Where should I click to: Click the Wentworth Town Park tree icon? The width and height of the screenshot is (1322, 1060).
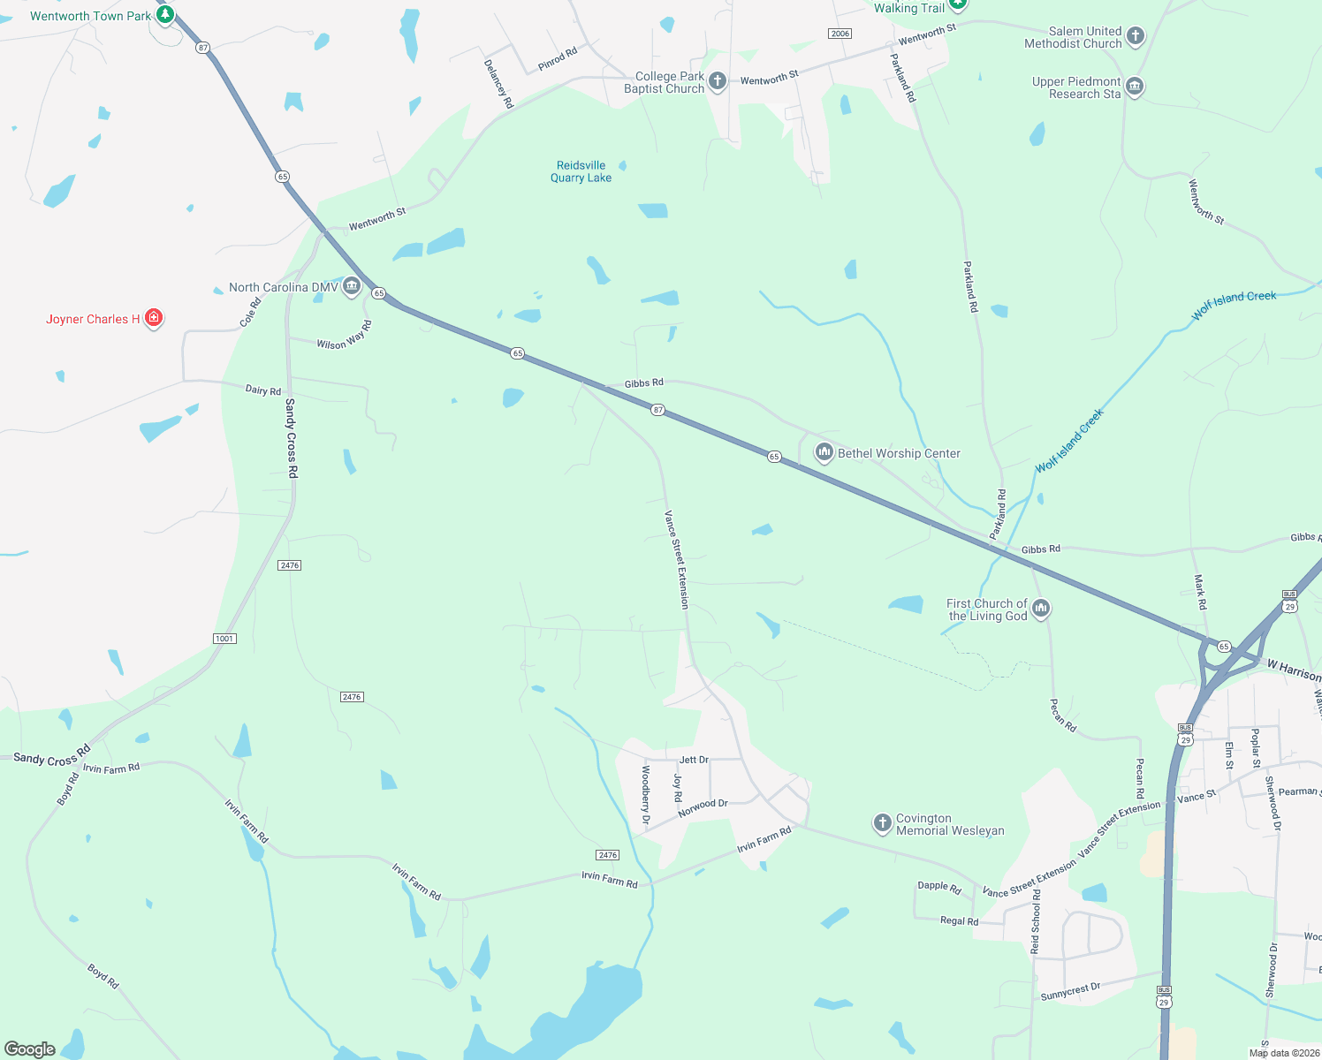click(x=164, y=15)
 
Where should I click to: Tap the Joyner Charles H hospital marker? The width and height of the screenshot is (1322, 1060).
click(x=154, y=318)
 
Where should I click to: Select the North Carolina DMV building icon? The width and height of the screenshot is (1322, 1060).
click(x=352, y=286)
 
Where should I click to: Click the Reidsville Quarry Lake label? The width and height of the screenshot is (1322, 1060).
click(x=581, y=171)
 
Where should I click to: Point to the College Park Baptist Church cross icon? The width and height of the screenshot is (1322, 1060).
click(x=718, y=81)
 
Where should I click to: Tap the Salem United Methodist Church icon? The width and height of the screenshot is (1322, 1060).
click(x=1136, y=36)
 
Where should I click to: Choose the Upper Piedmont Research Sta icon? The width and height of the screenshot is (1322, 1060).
click(x=1135, y=87)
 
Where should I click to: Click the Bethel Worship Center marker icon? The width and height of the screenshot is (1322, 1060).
click(x=824, y=453)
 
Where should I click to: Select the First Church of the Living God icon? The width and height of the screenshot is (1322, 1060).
click(x=1041, y=608)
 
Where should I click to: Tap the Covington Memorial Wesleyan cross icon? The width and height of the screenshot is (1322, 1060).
click(x=882, y=823)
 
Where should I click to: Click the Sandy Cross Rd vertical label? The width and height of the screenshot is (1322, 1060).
click(x=292, y=438)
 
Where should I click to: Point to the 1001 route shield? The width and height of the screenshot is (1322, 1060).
click(x=224, y=639)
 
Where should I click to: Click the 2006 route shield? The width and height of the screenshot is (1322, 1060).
click(x=840, y=34)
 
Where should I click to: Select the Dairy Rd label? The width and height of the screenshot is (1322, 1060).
click(x=263, y=390)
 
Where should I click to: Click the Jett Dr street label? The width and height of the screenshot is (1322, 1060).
click(x=694, y=760)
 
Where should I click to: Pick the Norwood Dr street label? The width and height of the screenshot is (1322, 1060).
click(x=703, y=807)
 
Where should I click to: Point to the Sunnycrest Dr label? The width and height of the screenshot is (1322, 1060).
click(x=1070, y=991)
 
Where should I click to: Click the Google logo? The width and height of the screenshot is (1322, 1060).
click(x=30, y=1049)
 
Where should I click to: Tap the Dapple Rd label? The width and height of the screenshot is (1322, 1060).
click(x=938, y=886)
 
